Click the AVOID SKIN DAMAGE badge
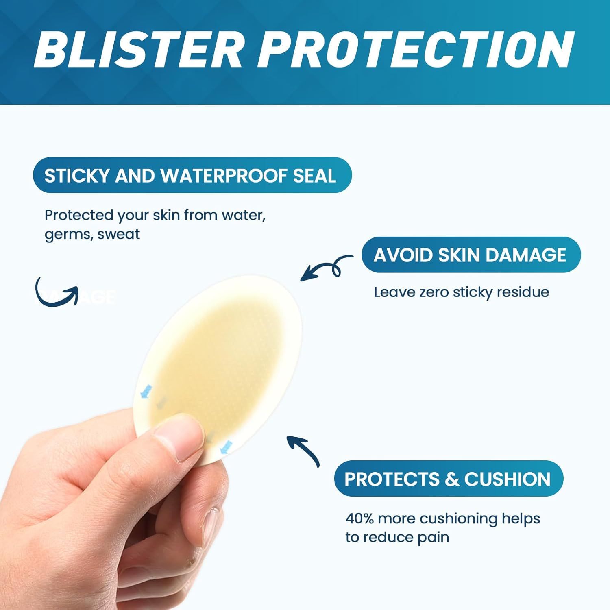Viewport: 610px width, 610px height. click(471, 255)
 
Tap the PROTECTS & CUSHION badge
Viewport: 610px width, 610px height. click(448, 479)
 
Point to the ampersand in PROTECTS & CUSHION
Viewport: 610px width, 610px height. click(452, 479)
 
